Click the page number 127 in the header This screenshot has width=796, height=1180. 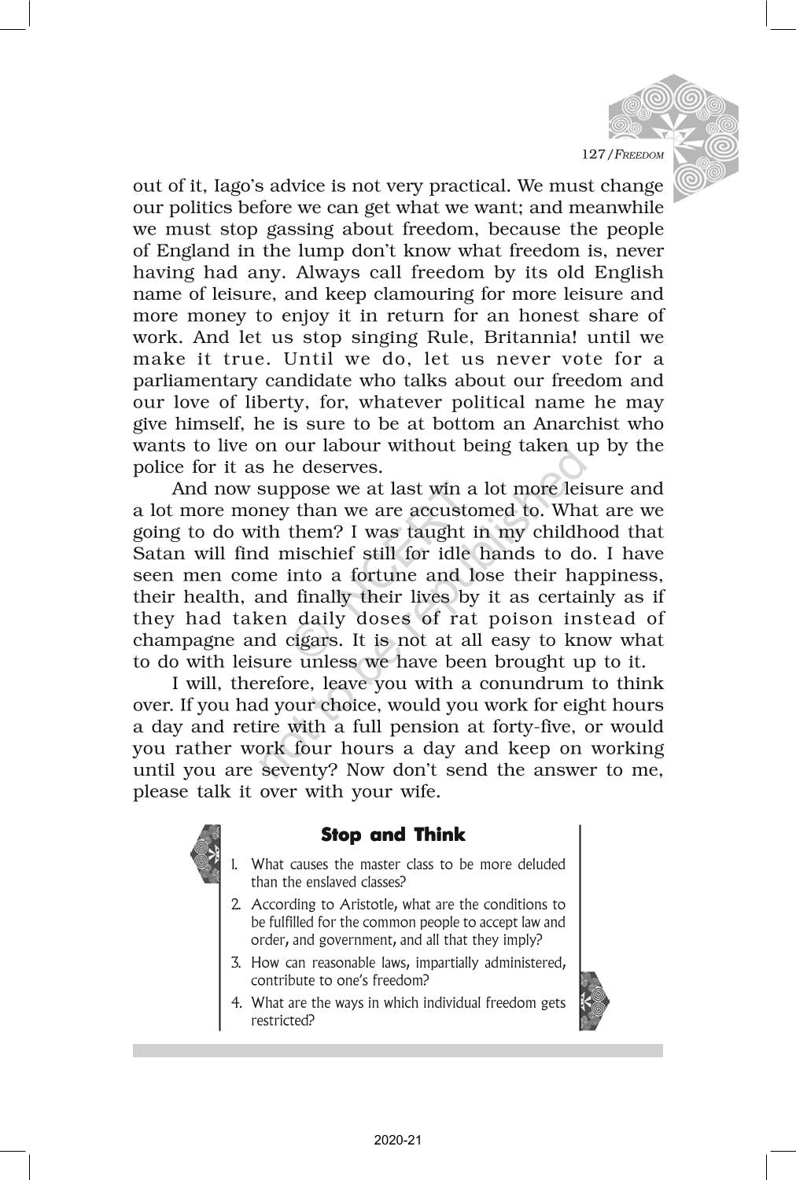coord(592,153)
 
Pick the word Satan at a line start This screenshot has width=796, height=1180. coord(157,554)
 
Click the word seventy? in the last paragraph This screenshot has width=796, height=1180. coord(299,770)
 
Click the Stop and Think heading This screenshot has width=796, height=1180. coord(393,835)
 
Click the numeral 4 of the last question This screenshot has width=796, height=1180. coord(236,1003)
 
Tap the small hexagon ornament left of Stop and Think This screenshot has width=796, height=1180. coord(205,854)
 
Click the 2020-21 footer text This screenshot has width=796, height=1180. coord(398,1139)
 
